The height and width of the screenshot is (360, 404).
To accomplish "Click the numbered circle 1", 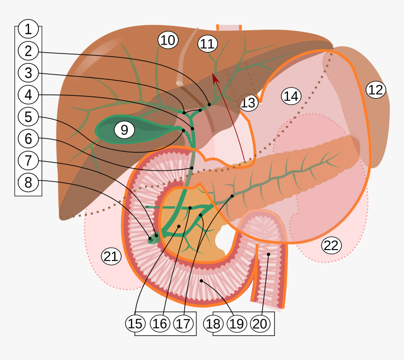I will [x=28, y=29].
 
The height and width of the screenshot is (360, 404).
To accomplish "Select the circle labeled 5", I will [x=28, y=117].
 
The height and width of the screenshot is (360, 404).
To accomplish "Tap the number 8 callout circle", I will [x=28, y=182].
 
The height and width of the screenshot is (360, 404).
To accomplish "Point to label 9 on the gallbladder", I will [x=124, y=130].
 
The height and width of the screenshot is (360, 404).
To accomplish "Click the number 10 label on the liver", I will [x=167, y=40].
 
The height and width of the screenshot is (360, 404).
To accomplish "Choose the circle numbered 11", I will [x=207, y=44].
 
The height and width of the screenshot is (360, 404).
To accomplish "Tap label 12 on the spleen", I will [x=375, y=89].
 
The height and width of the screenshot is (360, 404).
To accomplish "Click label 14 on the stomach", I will [x=291, y=96].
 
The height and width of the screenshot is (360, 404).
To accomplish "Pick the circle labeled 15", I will [x=135, y=323].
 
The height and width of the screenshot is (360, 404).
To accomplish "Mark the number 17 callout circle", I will [x=184, y=323].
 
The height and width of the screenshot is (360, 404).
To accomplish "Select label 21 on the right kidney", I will [x=111, y=256].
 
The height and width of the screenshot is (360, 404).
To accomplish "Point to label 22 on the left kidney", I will [x=331, y=245].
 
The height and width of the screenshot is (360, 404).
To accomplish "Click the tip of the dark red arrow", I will [x=214, y=74].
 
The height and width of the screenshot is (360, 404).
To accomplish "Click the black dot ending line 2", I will [x=209, y=104].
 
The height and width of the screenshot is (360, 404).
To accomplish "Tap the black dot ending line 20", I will [x=269, y=254].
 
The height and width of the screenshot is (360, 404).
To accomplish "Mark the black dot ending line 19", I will [x=202, y=281].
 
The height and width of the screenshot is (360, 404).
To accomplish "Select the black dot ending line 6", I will [x=192, y=168].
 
